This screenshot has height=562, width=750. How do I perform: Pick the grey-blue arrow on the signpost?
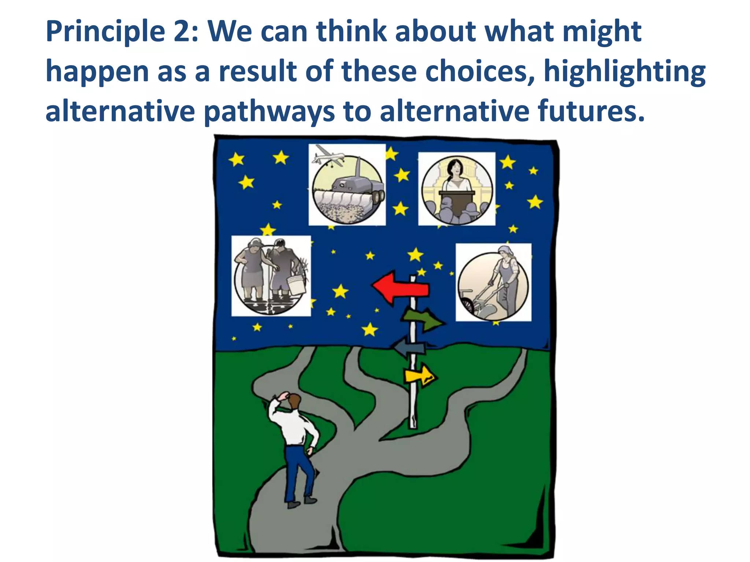coord(409,348)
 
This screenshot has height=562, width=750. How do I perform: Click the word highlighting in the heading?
coord(624,72)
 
